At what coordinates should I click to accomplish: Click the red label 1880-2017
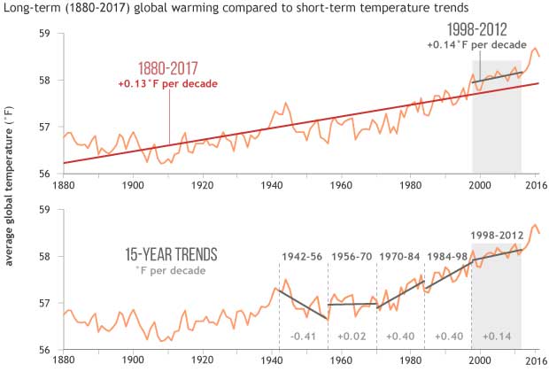[167, 69]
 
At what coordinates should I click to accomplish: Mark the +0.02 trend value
[352, 336]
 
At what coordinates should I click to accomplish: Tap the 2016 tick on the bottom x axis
[534, 361]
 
